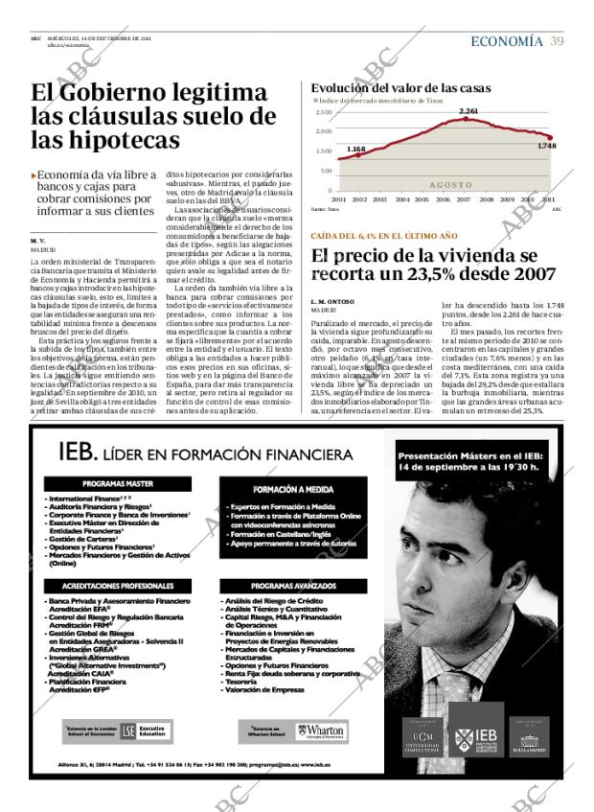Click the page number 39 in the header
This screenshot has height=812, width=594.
[557, 40]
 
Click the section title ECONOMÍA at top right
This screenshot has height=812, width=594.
[507, 40]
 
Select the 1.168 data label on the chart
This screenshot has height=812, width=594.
[355, 149]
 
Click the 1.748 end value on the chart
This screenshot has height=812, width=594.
[547, 146]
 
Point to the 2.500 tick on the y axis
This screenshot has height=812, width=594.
[323, 112]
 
